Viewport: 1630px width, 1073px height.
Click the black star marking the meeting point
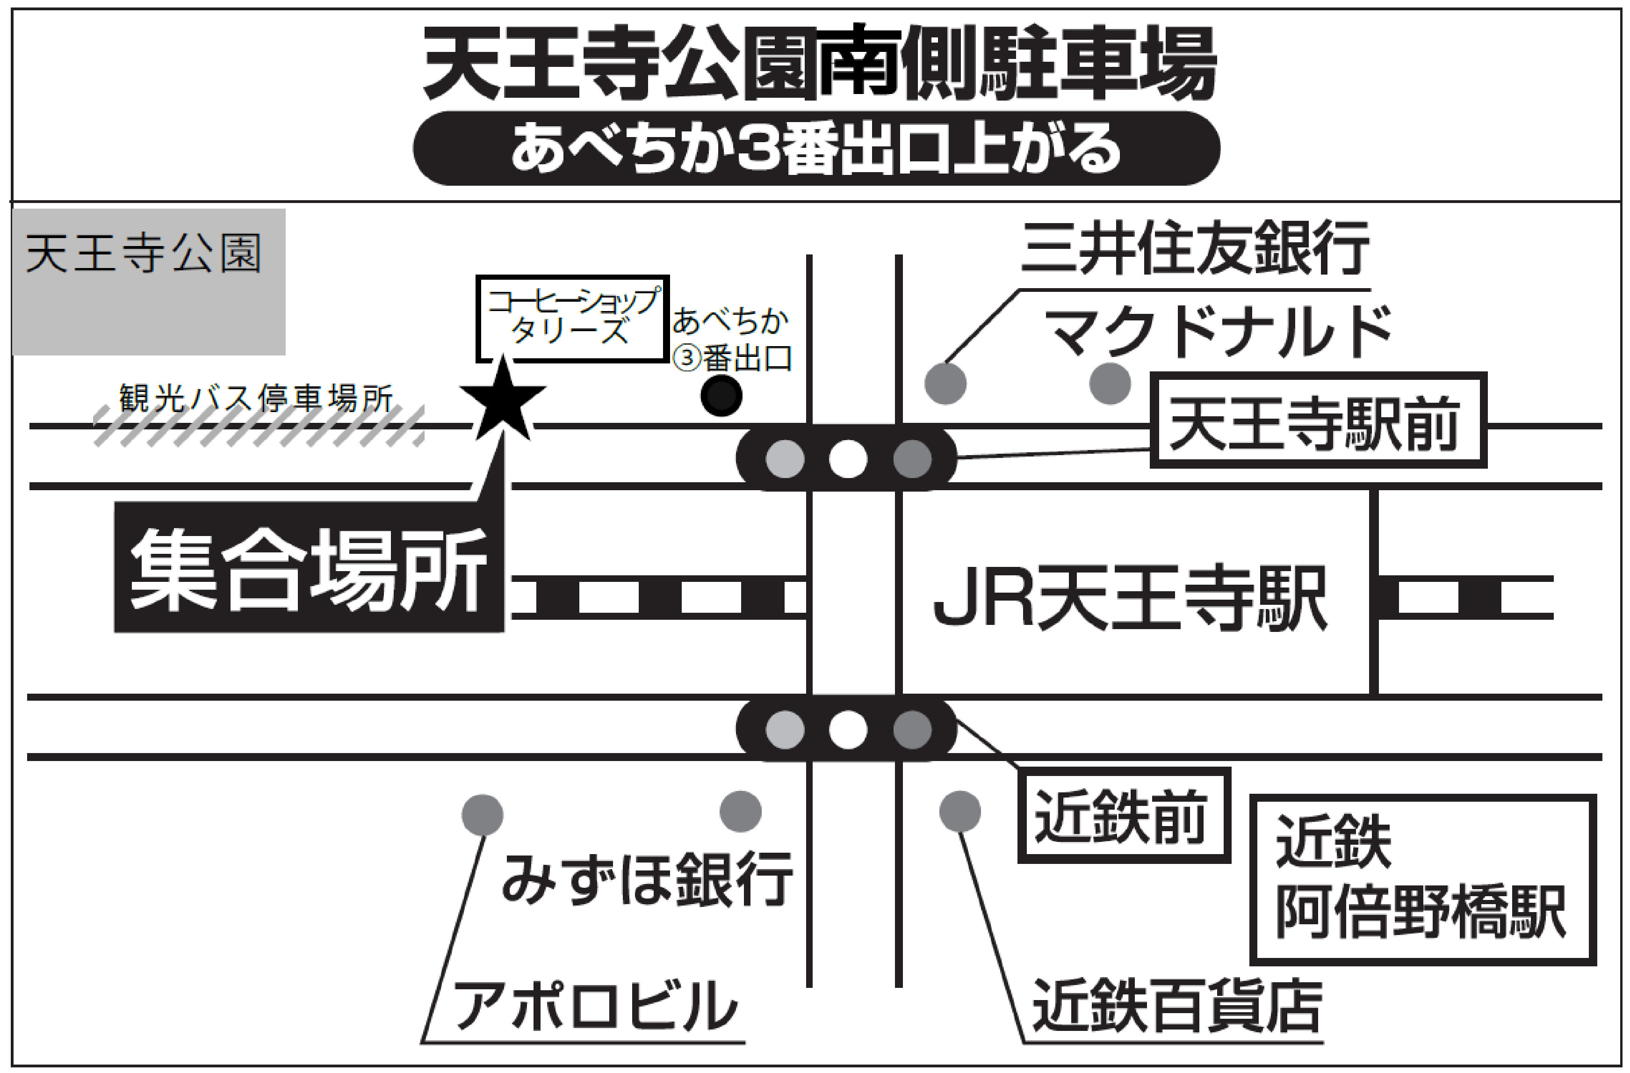click(503, 401)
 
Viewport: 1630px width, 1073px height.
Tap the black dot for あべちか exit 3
click(721, 395)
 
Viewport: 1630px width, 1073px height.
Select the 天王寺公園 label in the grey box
click(144, 254)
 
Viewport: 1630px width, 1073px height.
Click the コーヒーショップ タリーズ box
click(572, 319)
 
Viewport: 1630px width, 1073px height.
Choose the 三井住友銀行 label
click(1195, 248)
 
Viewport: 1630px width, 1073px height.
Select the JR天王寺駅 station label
click(1130, 597)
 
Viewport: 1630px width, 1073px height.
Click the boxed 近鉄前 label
click(1123, 815)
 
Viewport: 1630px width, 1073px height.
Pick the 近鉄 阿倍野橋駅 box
click(1422, 879)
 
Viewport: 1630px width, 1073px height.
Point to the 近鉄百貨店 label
click(1176, 1005)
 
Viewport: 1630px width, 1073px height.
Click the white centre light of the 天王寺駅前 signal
click(848, 459)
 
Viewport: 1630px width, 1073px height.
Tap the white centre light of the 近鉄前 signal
click(848, 729)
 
